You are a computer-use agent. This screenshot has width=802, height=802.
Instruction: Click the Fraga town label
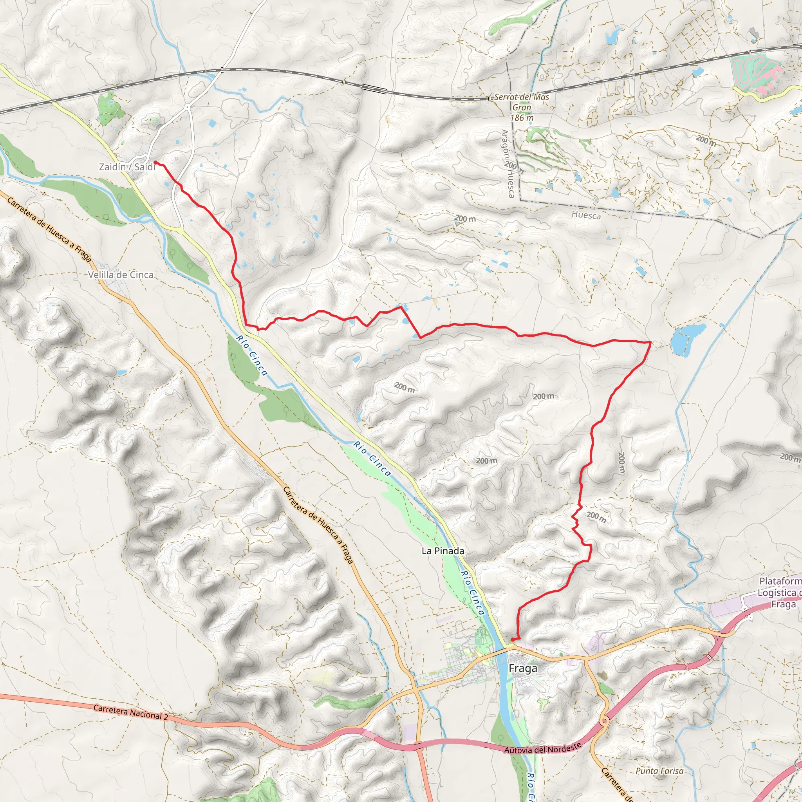pyautogui.click(x=523, y=668)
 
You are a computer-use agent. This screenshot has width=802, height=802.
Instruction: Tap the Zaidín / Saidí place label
pyautogui.click(x=126, y=167)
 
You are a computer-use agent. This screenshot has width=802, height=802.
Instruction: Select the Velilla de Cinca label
pyautogui.click(x=120, y=275)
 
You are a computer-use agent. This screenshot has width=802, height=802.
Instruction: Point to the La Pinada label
pyautogui.click(x=443, y=551)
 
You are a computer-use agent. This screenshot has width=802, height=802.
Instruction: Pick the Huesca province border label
pyautogui.click(x=586, y=215)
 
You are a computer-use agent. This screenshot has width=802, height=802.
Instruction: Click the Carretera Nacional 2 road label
pyautogui.click(x=130, y=712)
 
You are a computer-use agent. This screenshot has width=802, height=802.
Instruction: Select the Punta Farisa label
pyautogui.click(x=659, y=771)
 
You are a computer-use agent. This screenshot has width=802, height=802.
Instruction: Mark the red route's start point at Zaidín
pyautogui.click(x=155, y=162)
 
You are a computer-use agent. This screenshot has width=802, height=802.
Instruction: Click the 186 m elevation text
pyautogui.click(x=522, y=118)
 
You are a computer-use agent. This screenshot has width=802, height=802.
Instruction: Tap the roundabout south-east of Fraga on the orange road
pyautogui.click(x=604, y=721)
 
